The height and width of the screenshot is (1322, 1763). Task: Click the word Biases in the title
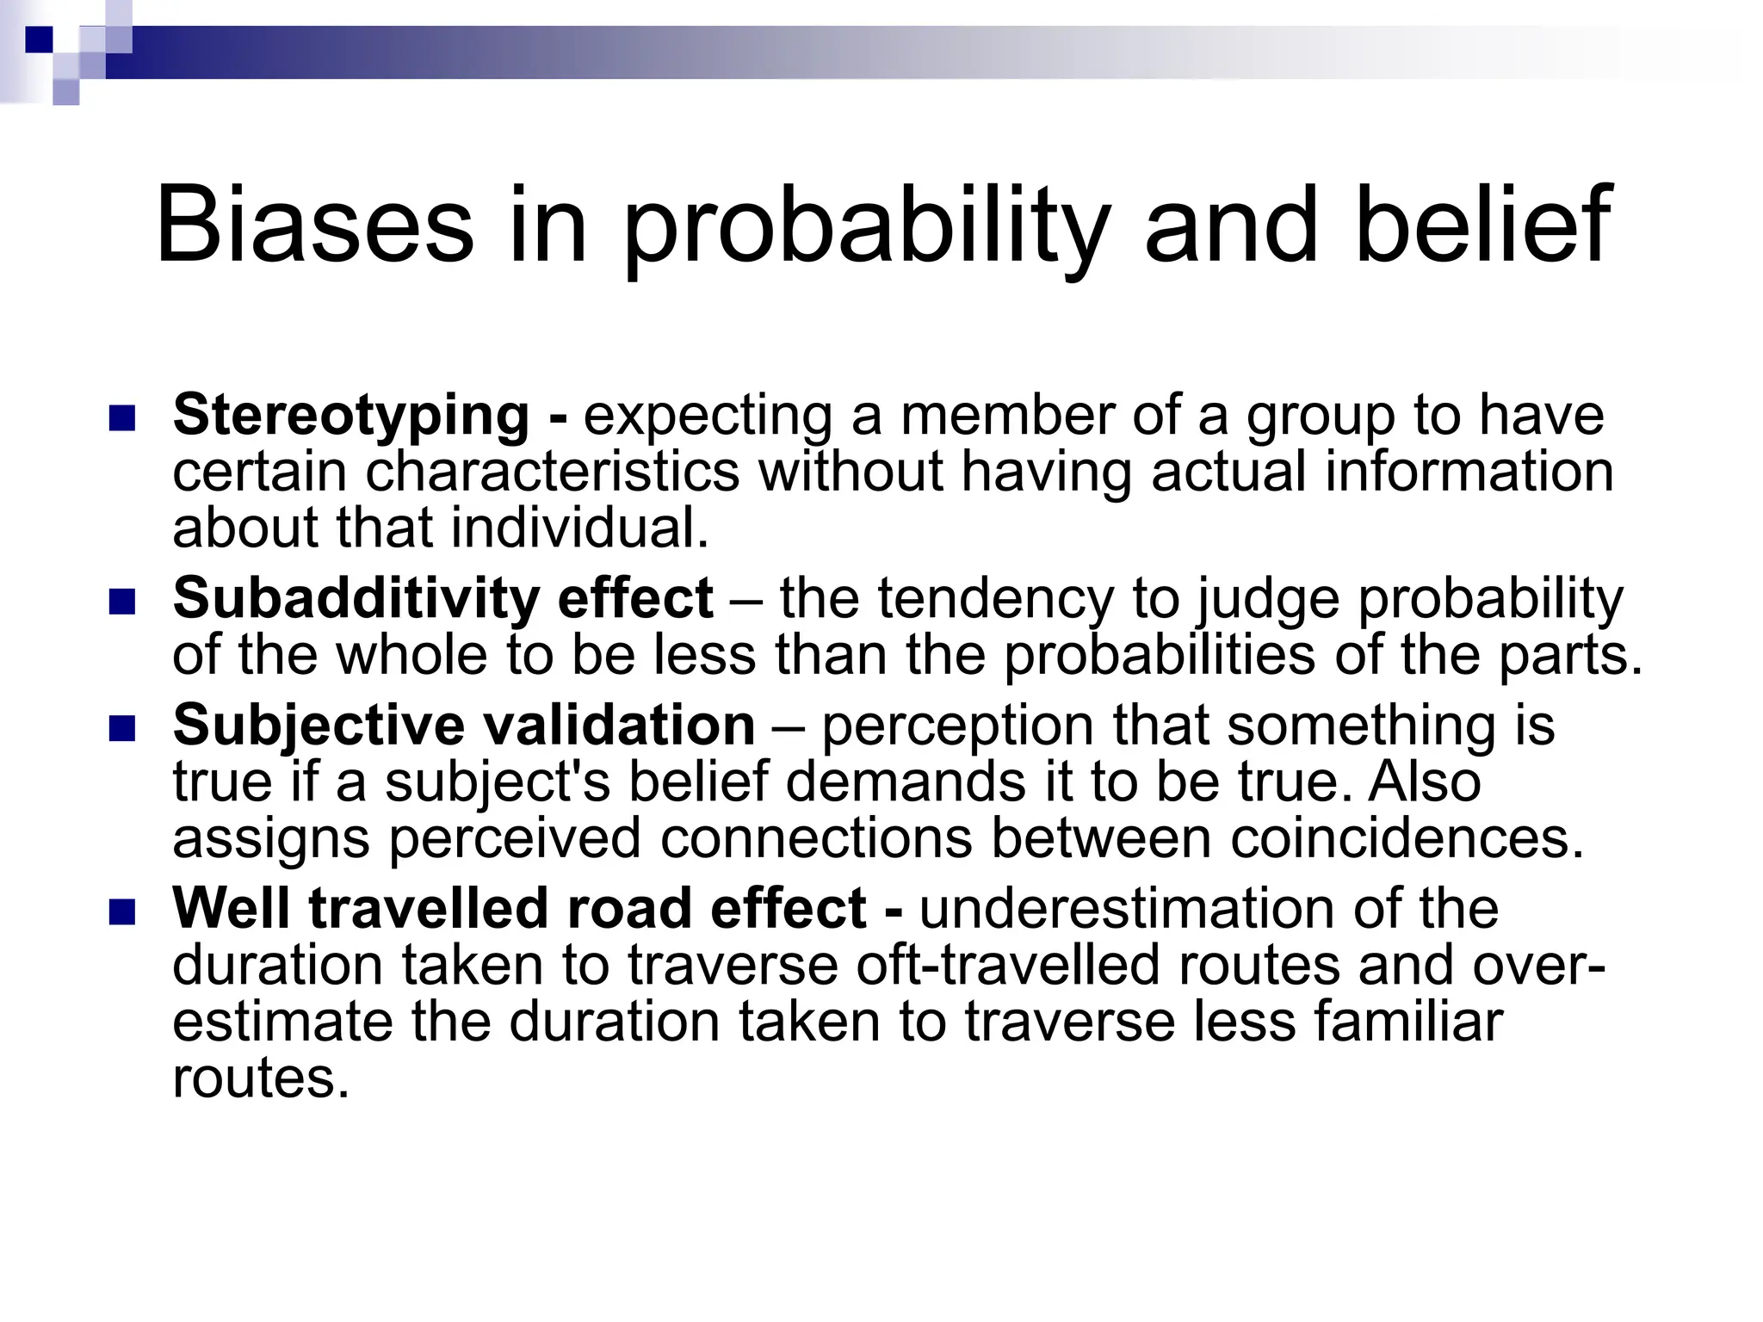tap(314, 225)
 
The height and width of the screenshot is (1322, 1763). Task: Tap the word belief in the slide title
tap(1482, 225)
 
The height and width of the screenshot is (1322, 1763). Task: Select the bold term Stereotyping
tap(350, 417)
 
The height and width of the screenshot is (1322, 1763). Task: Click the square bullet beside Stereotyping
tap(123, 419)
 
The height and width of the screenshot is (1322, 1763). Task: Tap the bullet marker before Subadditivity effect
tap(123, 602)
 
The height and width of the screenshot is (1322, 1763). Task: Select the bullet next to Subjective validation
tap(123, 729)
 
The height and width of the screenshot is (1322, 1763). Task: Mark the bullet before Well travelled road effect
tap(123, 911)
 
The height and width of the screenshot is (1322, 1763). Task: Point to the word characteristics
tap(552, 472)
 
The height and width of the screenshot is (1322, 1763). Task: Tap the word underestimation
tap(1127, 908)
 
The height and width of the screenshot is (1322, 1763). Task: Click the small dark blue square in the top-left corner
tap(39, 39)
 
